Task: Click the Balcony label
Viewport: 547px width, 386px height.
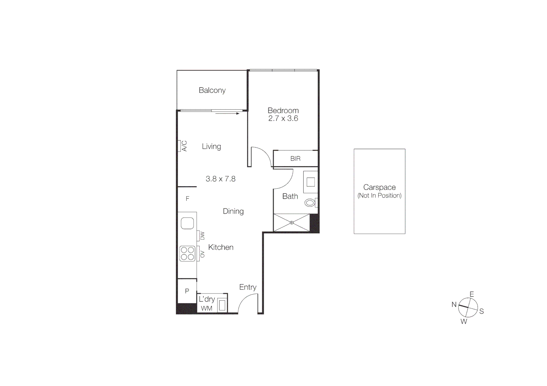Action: point(212,90)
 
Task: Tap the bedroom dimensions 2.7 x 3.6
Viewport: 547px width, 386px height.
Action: point(283,119)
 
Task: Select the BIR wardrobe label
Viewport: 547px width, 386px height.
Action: point(296,159)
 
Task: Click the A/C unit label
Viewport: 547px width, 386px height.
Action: point(184,146)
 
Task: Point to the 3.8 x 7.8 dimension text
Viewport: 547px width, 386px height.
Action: point(220,179)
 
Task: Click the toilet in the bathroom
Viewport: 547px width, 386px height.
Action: point(310,203)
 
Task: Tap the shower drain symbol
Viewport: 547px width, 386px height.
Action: point(292,222)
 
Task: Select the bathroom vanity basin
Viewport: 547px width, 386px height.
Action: point(311,182)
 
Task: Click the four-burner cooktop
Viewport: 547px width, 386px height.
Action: point(187,253)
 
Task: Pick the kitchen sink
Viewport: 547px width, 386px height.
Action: point(187,223)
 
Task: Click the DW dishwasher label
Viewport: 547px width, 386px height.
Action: point(202,236)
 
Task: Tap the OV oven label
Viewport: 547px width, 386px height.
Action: point(202,254)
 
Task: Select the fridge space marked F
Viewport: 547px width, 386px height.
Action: point(187,199)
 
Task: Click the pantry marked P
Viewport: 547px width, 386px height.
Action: point(187,291)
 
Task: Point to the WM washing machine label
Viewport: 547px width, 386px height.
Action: point(206,308)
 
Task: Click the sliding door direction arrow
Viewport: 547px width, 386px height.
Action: point(228,114)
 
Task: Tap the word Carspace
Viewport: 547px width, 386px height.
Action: point(379,187)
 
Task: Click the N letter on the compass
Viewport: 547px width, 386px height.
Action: point(454,305)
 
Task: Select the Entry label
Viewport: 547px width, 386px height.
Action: point(248,287)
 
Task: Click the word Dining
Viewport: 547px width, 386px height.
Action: point(233,211)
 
